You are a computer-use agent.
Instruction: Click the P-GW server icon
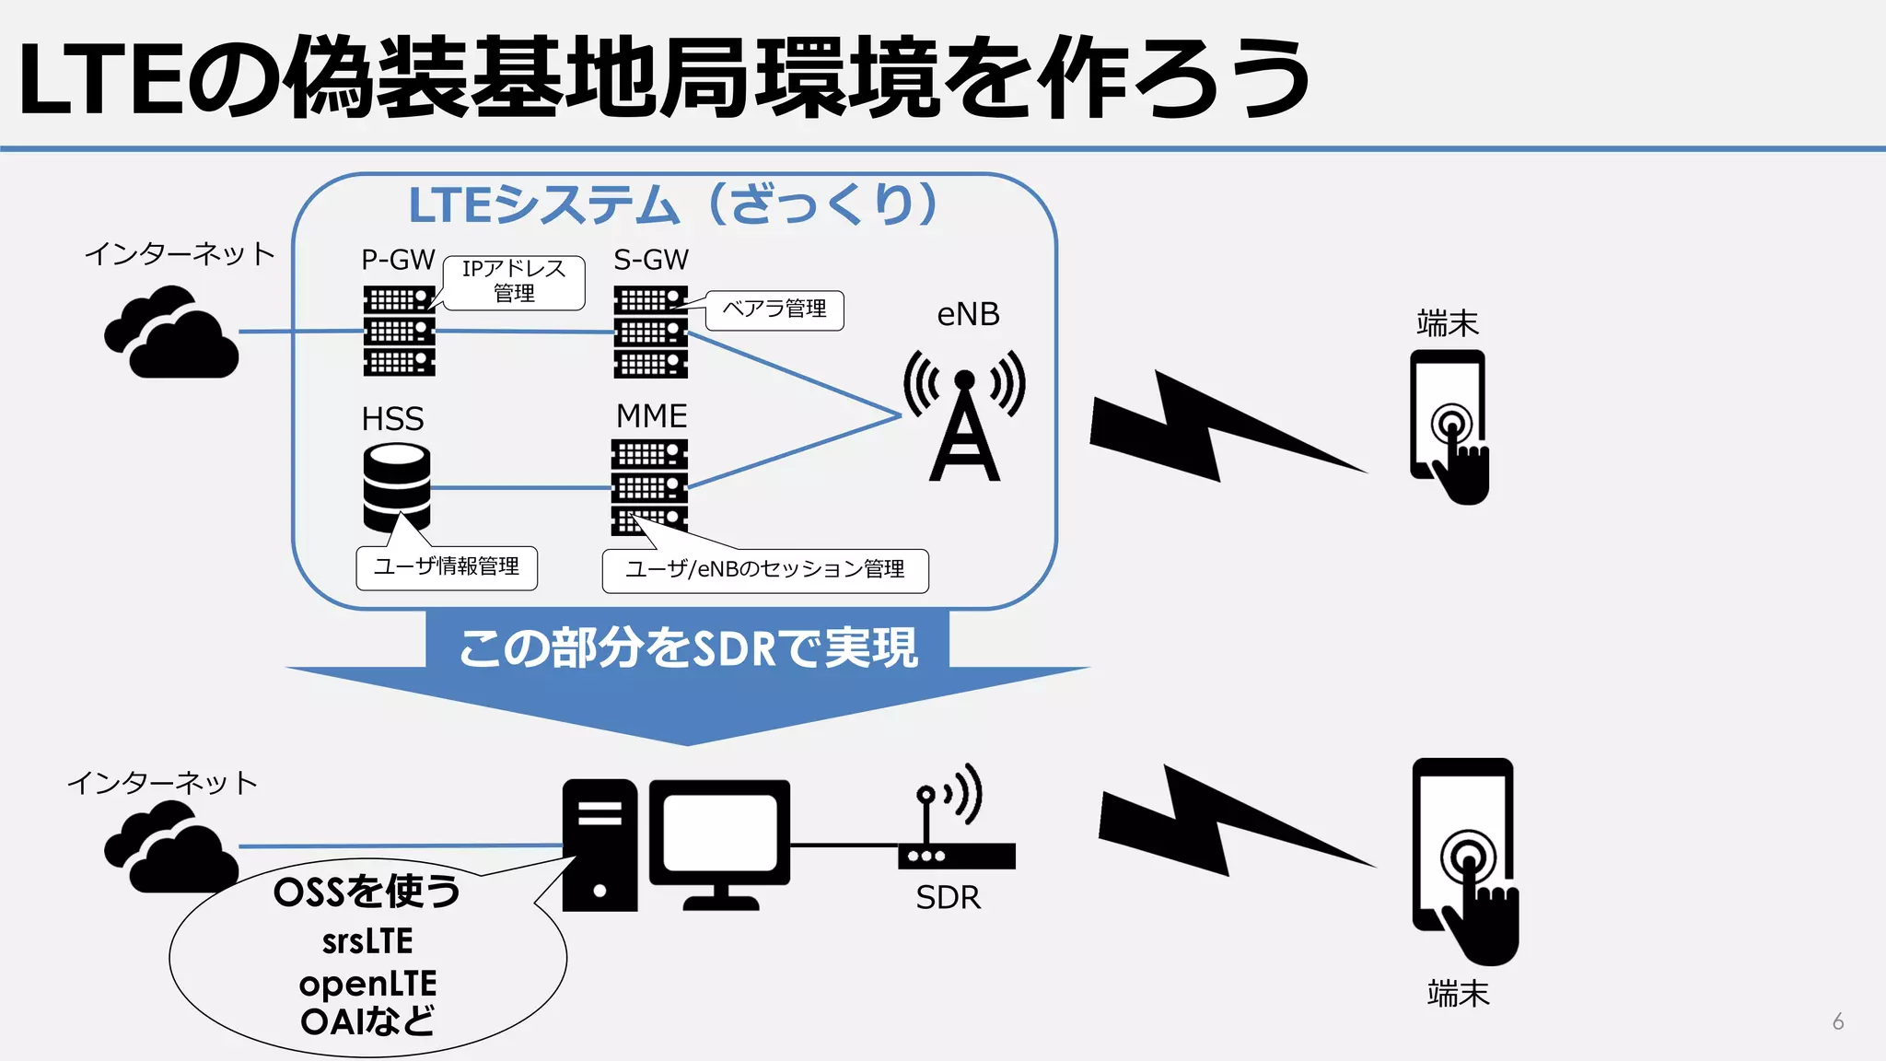pyautogui.click(x=399, y=331)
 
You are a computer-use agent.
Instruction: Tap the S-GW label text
pyautogui.click(x=651, y=260)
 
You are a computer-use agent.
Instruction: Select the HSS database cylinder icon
pyautogui.click(x=396, y=487)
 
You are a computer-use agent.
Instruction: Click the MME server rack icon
pyautogui.click(x=649, y=487)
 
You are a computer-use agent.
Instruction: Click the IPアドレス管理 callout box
pyautogui.click(x=514, y=282)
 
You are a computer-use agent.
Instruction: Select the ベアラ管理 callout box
pyautogui.click(x=774, y=309)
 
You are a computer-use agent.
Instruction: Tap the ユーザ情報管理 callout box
pyautogui.click(x=447, y=567)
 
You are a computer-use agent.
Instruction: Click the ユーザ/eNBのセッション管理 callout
pyautogui.click(x=765, y=570)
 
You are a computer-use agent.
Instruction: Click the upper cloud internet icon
pyautogui.click(x=171, y=333)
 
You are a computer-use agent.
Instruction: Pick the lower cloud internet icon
pyautogui.click(x=171, y=847)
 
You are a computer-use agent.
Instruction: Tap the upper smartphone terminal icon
pyautogui.click(x=1449, y=425)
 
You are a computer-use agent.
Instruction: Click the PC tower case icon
pyautogui.click(x=600, y=845)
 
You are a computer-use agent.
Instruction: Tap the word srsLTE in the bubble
pyautogui.click(x=367, y=941)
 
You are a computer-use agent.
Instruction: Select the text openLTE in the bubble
pyautogui.click(x=367, y=984)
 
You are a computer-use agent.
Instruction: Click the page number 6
pyautogui.click(x=1837, y=1021)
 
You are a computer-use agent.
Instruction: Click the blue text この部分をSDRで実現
pyautogui.click(x=688, y=647)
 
